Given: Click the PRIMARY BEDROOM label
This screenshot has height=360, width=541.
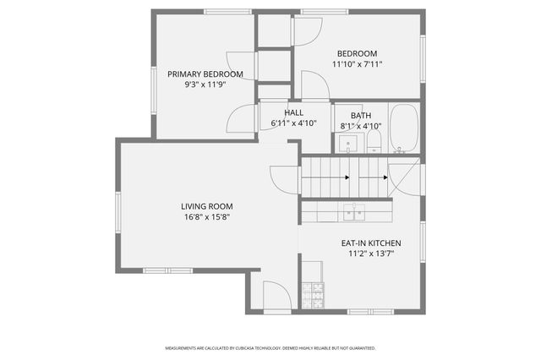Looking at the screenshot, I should [x=205, y=74].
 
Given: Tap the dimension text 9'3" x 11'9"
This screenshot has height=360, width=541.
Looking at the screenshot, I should [x=205, y=85].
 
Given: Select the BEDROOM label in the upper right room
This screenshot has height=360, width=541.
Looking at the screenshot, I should [x=358, y=52].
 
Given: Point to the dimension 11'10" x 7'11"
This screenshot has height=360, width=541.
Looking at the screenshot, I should [x=358, y=63].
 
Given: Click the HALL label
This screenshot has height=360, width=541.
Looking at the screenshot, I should [x=293, y=112].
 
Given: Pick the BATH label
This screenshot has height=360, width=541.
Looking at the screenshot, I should [x=361, y=116].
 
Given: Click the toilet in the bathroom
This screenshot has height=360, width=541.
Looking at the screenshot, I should [x=375, y=142].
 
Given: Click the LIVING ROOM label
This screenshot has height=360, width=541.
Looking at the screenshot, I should [x=206, y=206].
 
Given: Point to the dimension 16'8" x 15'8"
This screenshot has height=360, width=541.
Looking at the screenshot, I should [x=206, y=217].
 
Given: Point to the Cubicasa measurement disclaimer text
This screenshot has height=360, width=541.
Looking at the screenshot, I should [x=270, y=348].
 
